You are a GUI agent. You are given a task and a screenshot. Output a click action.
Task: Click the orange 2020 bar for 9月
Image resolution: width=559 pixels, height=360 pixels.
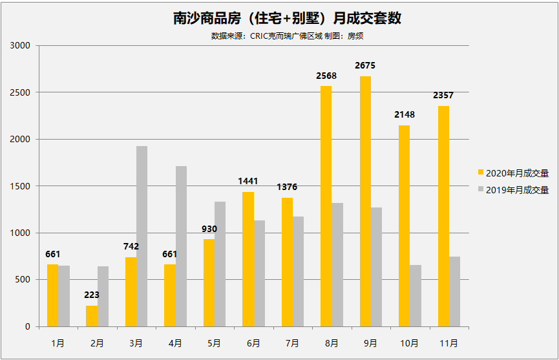click(x=365, y=201)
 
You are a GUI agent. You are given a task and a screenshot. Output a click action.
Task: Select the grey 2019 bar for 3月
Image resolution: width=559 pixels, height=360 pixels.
click(x=142, y=236)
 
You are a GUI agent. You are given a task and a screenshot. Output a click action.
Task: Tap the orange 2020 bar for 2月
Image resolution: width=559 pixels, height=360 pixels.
click(x=92, y=316)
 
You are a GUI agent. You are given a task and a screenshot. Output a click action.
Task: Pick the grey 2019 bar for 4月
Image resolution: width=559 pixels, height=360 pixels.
click(x=181, y=246)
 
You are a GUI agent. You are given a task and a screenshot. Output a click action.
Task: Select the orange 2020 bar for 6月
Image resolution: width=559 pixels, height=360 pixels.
click(x=248, y=259)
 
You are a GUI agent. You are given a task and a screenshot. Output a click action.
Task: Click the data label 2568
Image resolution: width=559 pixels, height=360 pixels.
click(x=326, y=76)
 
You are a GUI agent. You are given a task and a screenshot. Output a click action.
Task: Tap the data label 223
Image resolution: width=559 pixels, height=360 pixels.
click(x=92, y=295)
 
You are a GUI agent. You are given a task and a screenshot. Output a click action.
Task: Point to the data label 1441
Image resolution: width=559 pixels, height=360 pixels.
click(x=248, y=181)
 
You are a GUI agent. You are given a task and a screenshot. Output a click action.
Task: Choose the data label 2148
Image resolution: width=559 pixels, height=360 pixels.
click(x=405, y=114)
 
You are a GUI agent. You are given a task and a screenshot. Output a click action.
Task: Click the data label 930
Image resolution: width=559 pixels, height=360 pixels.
click(x=209, y=229)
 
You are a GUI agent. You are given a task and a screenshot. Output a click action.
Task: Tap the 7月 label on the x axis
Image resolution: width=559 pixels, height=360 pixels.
click(x=292, y=343)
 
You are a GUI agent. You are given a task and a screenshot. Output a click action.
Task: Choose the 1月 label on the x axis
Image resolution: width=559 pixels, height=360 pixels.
click(x=58, y=343)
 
